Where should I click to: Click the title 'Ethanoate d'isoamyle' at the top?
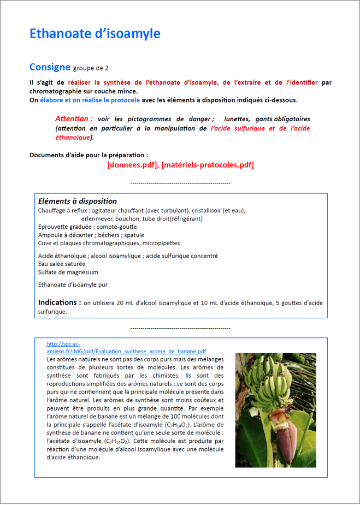click(95, 34)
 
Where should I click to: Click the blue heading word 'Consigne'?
click(50, 67)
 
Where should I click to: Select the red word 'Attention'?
click(74, 119)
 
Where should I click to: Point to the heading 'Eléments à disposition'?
click(77, 201)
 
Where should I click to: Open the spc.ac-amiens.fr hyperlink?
click(126, 351)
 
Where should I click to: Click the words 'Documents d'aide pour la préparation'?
click(88, 155)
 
